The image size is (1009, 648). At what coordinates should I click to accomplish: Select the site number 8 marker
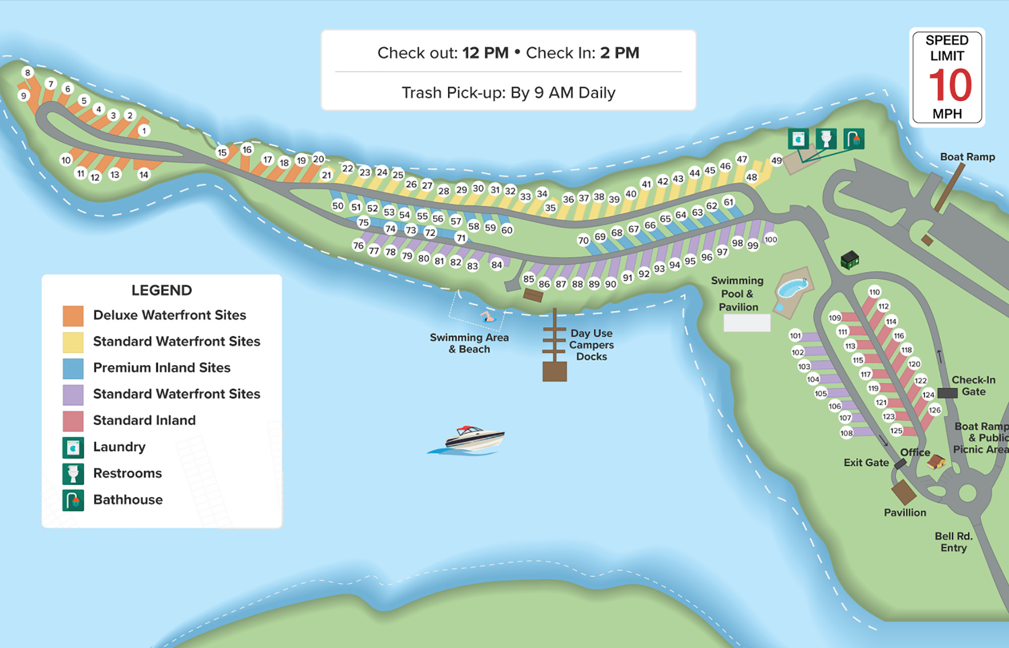click(28, 73)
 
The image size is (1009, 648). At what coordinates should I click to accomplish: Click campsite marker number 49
click(776, 161)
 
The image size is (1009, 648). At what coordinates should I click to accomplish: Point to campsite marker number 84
click(497, 265)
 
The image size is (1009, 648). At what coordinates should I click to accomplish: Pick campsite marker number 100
click(771, 239)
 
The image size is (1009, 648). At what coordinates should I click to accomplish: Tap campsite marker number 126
click(934, 410)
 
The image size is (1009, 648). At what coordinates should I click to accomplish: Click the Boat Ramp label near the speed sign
click(967, 157)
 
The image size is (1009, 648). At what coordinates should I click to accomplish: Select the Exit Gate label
click(866, 463)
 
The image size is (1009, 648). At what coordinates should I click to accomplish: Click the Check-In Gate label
click(973, 385)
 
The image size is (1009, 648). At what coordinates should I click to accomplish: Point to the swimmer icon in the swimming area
click(488, 317)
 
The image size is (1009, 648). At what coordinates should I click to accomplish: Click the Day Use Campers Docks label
click(591, 345)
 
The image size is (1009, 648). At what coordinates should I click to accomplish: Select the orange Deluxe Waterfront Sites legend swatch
click(73, 316)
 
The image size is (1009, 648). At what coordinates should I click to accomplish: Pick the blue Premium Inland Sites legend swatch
click(73, 368)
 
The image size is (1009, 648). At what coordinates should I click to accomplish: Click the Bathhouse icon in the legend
click(73, 500)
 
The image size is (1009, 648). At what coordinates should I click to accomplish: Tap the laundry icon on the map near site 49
click(799, 139)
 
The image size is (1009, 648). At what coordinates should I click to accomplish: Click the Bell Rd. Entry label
click(953, 542)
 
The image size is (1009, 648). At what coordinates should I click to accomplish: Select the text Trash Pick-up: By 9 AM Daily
click(508, 93)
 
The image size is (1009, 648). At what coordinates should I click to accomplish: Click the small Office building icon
click(936, 461)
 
